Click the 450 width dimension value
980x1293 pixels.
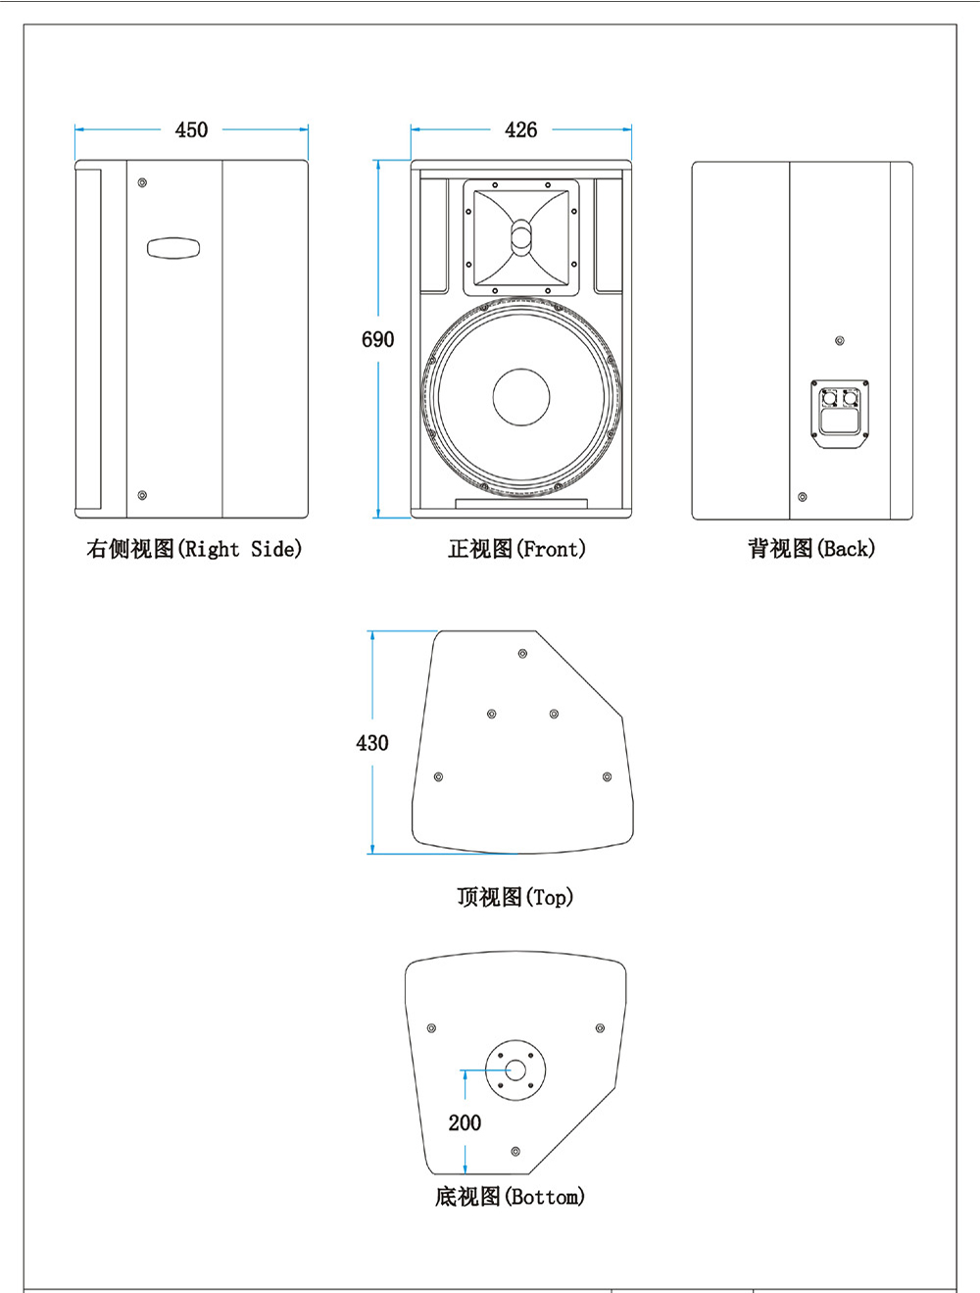[x=191, y=129]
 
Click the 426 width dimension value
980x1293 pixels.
[x=520, y=129]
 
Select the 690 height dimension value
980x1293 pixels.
[x=377, y=339]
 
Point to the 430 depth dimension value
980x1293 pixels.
[x=371, y=743]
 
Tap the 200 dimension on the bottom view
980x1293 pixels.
[x=465, y=1122]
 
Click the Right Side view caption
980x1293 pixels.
[x=194, y=549]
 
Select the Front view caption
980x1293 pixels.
[x=516, y=549]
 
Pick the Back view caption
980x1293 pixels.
[x=811, y=549]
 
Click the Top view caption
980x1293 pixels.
[x=514, y=897]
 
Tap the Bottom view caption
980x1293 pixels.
[x=510, y=1196]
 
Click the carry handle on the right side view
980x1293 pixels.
[x=173, y=247]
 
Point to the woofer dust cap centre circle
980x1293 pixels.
[x=521, y=397]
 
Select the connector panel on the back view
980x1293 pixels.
[x=840, y=414]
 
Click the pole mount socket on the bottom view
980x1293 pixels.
[x=515, y=1069]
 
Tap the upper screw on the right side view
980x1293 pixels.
[x=142, y=182]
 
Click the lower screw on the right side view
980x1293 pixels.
[x=142, y=496]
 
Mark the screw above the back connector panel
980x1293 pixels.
[x=839, y=341]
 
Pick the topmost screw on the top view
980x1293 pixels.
[x=522, y=653]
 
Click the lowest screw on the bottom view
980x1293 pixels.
[x=515, y=1151]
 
